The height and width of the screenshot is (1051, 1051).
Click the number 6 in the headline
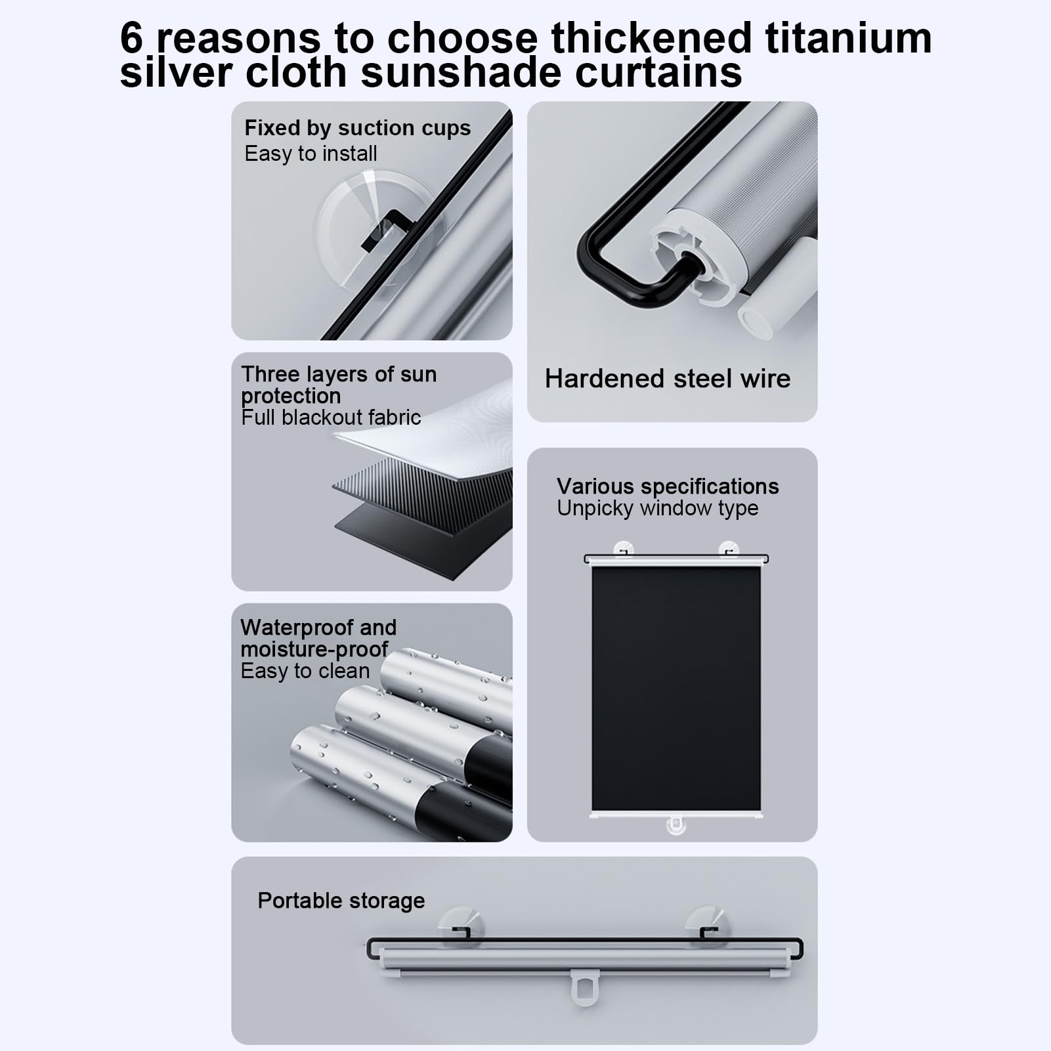tap(131, 38)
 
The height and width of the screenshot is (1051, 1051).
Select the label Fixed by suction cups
tap(358, 128)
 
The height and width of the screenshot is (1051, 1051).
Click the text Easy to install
tap(311, 154)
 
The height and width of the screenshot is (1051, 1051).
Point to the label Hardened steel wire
tap(668, 379)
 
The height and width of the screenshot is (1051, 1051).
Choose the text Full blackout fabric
tap(331, 418)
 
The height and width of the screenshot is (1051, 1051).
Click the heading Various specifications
tap(668, 486)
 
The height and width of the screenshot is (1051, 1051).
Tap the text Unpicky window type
tap(658, 508)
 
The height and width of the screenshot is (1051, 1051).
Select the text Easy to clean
tap(305, 671)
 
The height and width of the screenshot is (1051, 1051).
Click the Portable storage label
tap(341, 901)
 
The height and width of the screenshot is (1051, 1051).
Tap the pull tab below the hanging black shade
tap(676, 826)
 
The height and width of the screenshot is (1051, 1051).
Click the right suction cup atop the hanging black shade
tap(728, 549)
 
